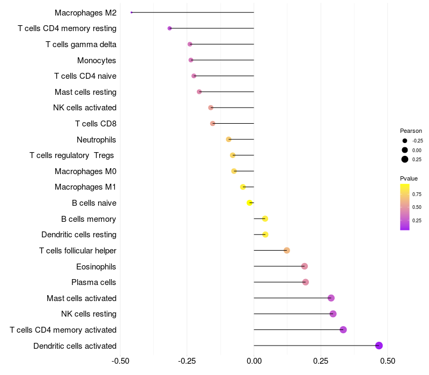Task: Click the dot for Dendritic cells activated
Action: pyautogui.click(x=379, y=346)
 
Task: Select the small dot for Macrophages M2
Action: pyautogui.click(x=131, y=12)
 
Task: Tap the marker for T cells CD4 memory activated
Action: pyautogui.click(x=343, y=329)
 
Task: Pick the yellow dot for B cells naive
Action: pyautogui.click(x=249, y=202)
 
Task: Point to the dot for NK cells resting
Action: pyautogui.click(x=333, y=314)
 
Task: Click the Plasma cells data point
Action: pyautogui.click(x=306, y=282)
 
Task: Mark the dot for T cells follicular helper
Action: pyautogui.click(x=287, y=251)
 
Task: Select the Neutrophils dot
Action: pyautogui.click(x=229, y=139)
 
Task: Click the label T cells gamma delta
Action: pyautogui.click(x=81, y=44)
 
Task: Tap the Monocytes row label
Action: pyautogui.click(x=97, y=61)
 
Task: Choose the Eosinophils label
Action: pyautogui.click(x=96, y=267)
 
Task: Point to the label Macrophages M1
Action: pyautogui.click(x=85, y=187)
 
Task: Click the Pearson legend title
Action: pyautogui.click(x=411, y=131)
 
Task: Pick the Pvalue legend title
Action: pyautogui.click(x=409, y=178)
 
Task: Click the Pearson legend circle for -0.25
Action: pyautogui.click(x=404, y=141)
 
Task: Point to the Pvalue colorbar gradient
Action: pyautogui.click(x=405, y=207)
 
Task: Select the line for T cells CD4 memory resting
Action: pyautogui.click(x=212, y=28)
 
